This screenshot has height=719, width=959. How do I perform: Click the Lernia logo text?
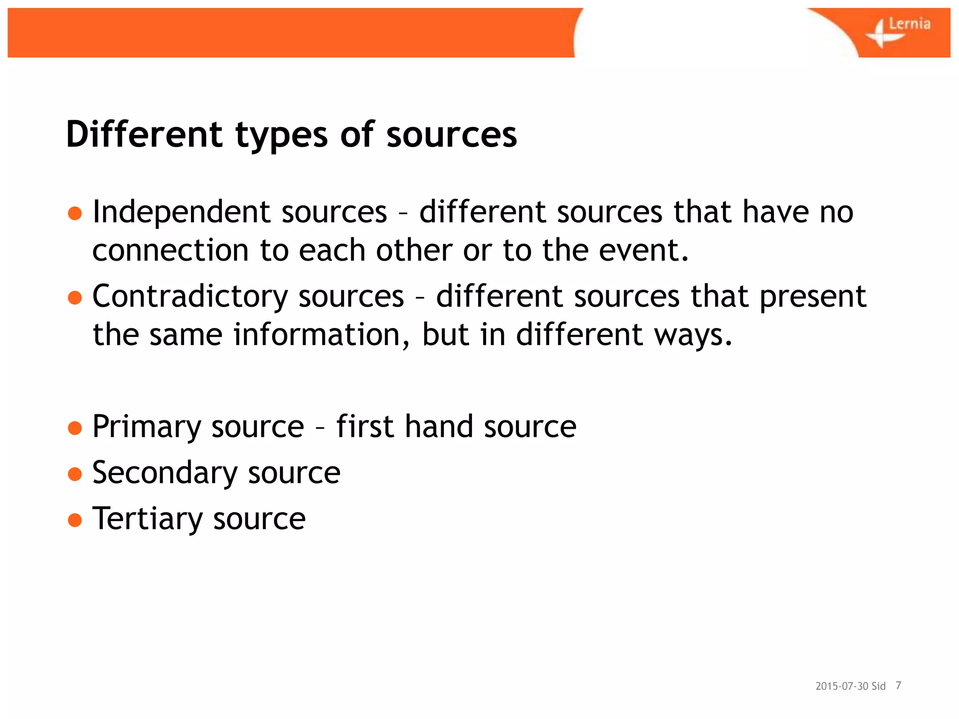point(909,24)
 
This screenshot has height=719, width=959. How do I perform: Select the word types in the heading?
point(281,136)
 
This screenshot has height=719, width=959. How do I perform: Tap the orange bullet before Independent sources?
point(75,213)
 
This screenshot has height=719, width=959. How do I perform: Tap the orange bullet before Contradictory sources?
point(75,297)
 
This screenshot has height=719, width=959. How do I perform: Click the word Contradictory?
point(190,297)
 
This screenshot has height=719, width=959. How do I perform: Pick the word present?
point(813,297)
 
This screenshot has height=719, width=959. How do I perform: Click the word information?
point(322,335)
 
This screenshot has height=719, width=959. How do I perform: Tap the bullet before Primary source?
point(75,427)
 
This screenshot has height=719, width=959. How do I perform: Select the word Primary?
point(147,427)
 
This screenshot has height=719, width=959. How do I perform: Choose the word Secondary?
point(165,473)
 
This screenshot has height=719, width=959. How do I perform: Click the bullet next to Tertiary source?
point(75,520)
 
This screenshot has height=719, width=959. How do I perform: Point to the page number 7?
point(898,686)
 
